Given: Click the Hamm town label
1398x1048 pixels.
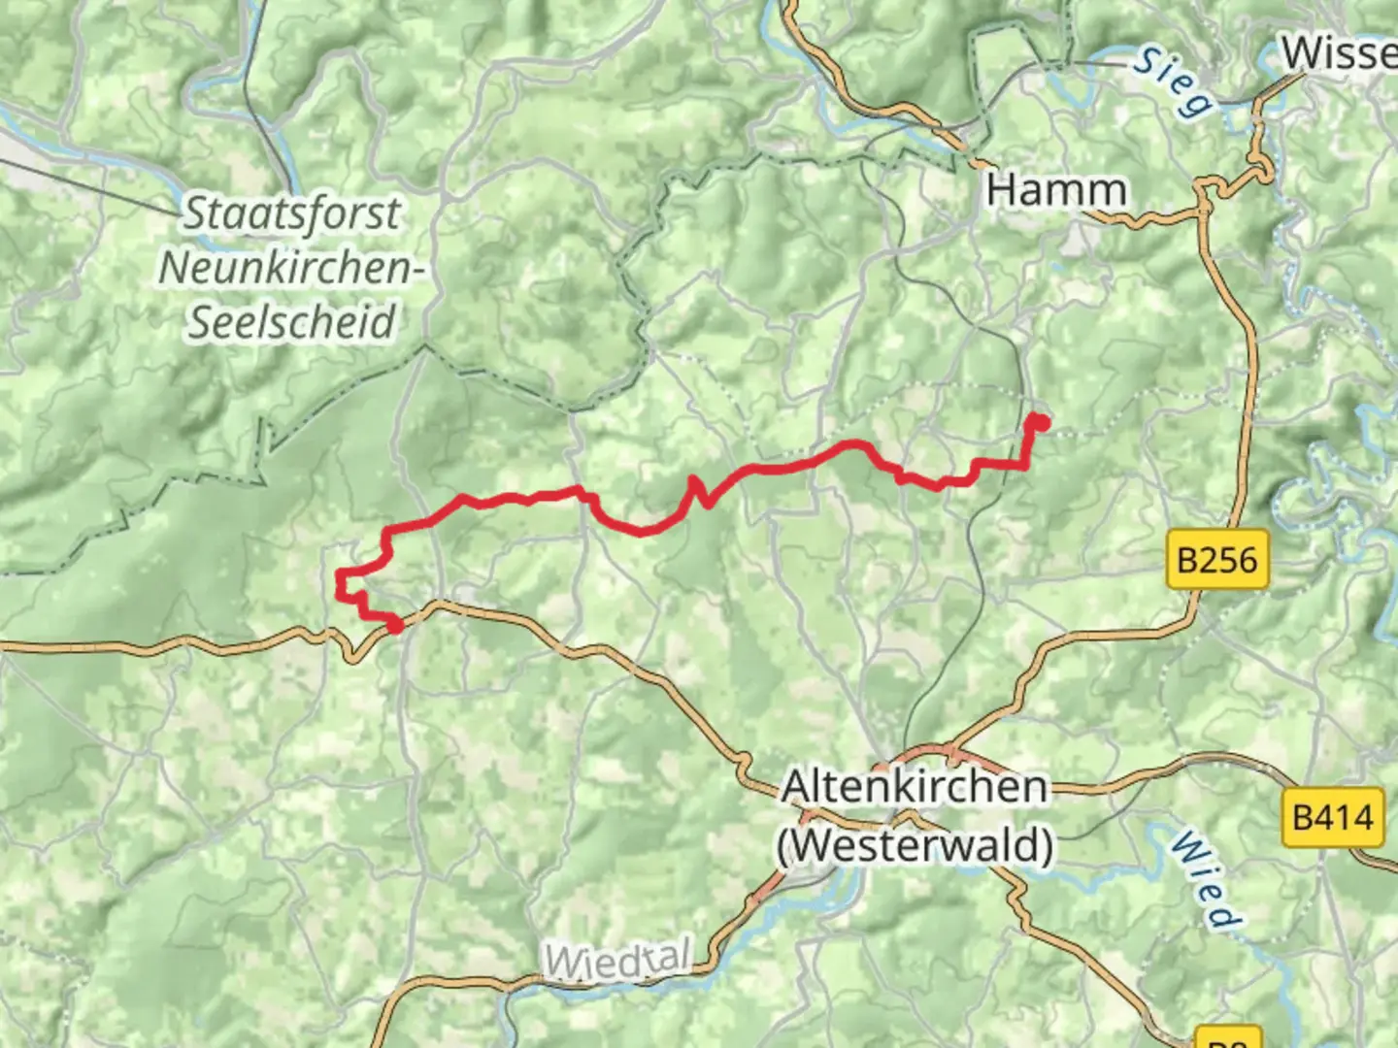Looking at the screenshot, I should (x=1056, y=190).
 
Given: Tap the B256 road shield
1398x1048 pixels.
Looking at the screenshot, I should (x=1216, y=560).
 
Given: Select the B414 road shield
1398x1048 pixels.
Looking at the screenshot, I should (x=1333, y=817).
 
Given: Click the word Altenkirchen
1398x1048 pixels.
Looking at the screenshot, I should (x=915, y=787).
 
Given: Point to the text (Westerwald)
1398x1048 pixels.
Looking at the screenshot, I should (x=915, y=845).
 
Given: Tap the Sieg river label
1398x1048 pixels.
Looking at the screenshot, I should (x=1174, y=82).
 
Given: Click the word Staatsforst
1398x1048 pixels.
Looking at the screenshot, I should (x=292, y=213).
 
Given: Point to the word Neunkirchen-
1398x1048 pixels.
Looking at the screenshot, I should (x=292, y=268).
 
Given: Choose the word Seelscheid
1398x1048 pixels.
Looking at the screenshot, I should (x=292, y=322).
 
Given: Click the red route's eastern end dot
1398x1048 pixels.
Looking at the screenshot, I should (x=1039, y=421).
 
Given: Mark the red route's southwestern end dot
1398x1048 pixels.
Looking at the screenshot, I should (x=395, y=626).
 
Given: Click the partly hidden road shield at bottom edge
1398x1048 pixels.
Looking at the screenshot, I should (x=1228, y=1038).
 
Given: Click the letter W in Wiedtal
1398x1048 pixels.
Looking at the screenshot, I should (x=561, y=964).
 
